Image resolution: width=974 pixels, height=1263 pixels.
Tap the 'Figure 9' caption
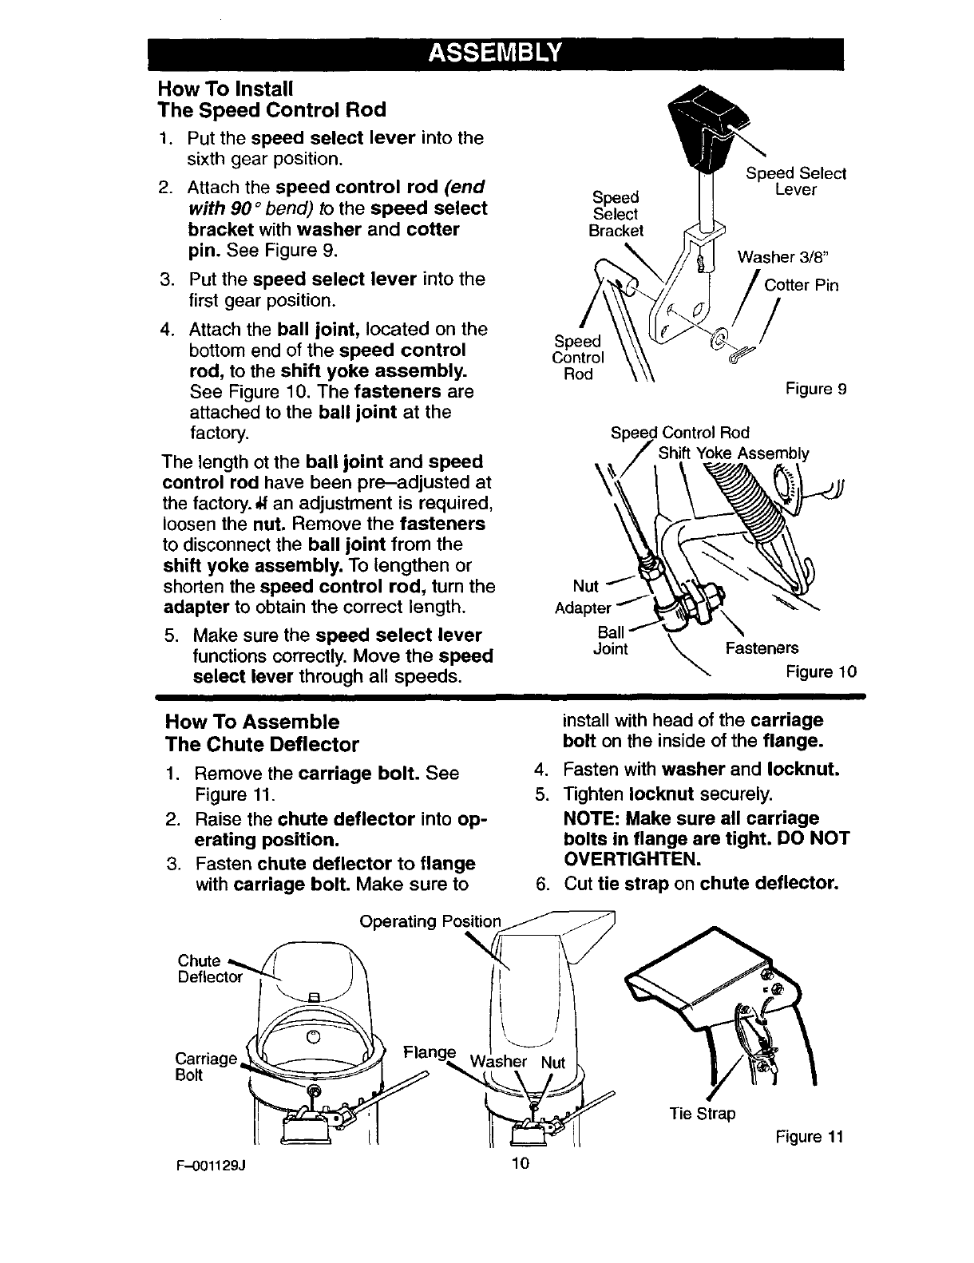click(x=815, y=389)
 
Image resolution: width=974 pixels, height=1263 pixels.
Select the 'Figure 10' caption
click(x=822, y=671)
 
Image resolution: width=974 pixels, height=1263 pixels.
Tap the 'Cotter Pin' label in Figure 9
click(x=801, y=285)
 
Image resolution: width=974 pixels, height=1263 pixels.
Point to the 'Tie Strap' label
click(x=702, y=1113)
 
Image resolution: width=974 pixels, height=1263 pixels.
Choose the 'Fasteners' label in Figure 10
click(x=761, y=648)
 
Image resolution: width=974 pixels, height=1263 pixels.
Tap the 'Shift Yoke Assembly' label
click(x=733, y=454)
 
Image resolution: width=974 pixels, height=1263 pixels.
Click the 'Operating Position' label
click(x=430, y=922)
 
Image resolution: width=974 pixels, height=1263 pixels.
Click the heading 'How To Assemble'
click(x=251, y=722)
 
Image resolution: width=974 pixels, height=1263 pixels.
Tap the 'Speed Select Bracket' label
click(x=616, y=214)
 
